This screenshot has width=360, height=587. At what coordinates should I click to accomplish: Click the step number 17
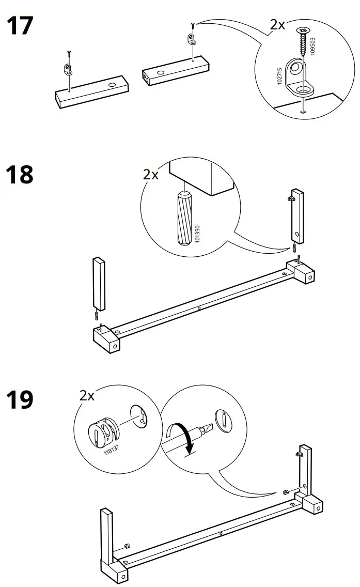coord(19,26)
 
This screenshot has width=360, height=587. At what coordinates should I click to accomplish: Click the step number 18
coord(19,175)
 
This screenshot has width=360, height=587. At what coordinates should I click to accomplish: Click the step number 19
coord(19,400)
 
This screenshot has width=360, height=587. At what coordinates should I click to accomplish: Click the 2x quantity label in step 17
coord(277,24)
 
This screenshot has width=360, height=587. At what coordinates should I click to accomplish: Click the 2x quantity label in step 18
coord(151,175)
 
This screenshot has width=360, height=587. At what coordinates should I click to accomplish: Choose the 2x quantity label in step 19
coord(87,396)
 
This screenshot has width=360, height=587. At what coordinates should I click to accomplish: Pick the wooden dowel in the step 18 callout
coord(184,220)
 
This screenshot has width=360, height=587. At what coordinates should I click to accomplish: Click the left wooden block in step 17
coord(91,91)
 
